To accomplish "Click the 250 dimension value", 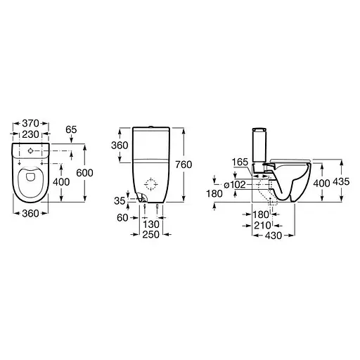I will [151, 233].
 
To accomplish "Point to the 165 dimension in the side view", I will [240, 162].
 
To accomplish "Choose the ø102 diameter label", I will [233, 184].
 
